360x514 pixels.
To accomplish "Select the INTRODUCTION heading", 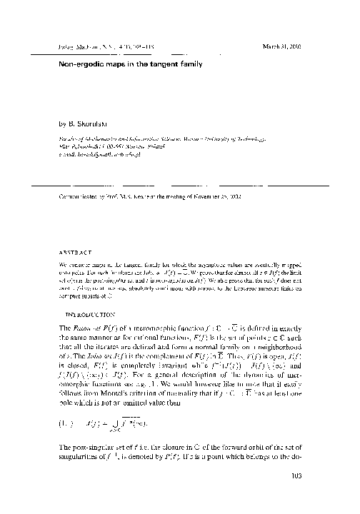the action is (x=90, y=313).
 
